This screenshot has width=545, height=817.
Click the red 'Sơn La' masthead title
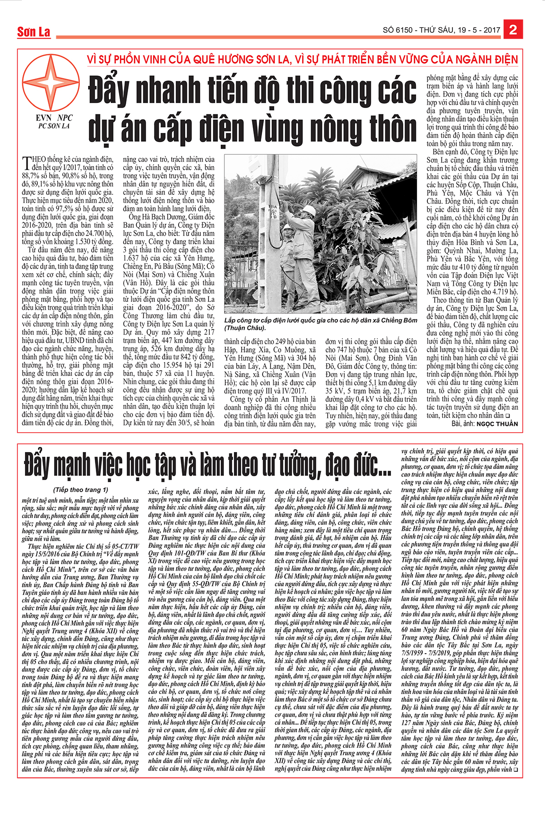(34, 32)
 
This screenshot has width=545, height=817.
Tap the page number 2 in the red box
(513, 30)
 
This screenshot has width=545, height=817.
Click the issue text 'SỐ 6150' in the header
(398, 30)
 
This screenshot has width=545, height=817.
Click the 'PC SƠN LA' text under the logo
(54, 126)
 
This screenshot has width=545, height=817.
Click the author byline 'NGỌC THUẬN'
(497, 423)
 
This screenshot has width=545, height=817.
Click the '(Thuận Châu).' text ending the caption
(245, 328)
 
